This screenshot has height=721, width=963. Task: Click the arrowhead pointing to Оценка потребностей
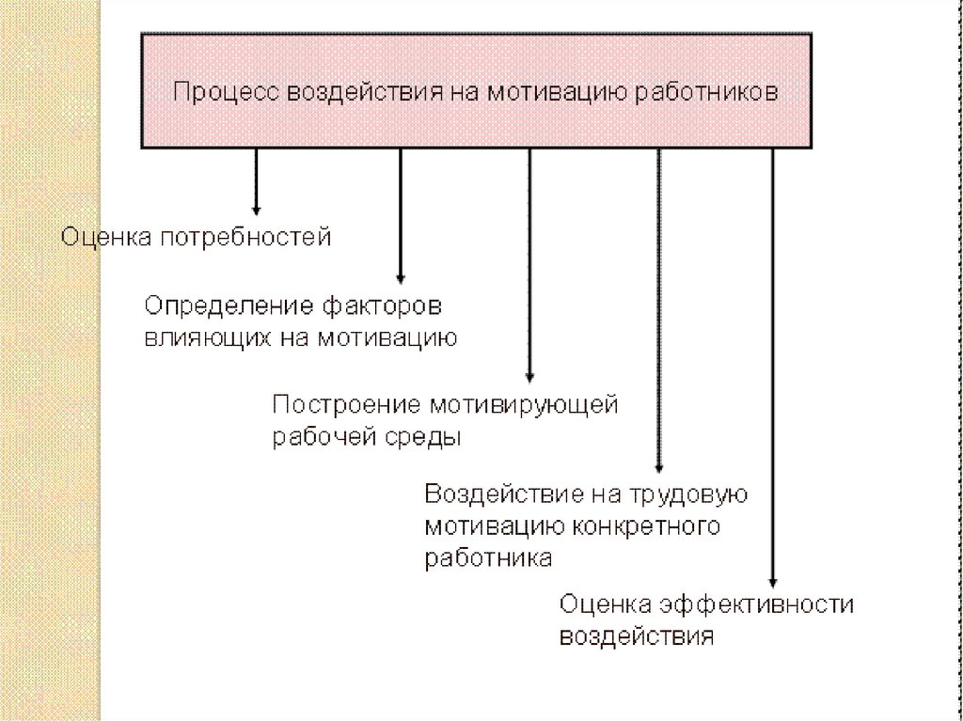[255, 208]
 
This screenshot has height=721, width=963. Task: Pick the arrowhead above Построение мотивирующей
[529, 377]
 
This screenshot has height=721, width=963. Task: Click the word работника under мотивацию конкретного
[487, 556]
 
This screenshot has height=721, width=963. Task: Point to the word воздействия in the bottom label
[637, 635]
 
